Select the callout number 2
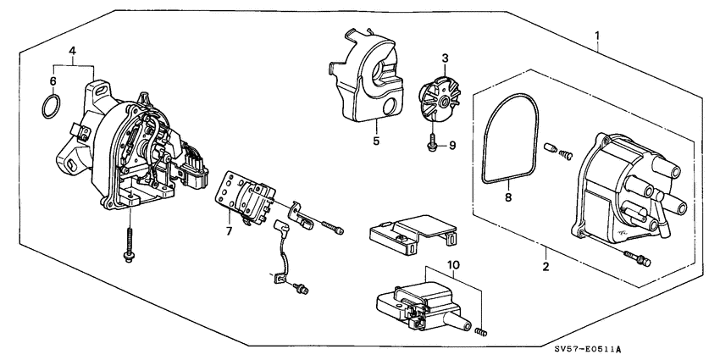coord(546,268)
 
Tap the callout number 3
coord(444,59)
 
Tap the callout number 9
coord(451,146)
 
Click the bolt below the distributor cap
coord(635,255)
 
